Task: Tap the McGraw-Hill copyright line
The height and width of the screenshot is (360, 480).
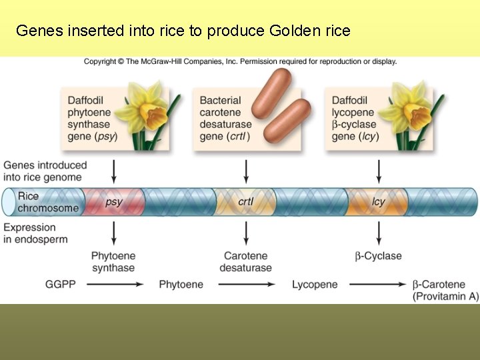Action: [240, 61]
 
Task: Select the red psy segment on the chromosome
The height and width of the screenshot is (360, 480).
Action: [113, 201]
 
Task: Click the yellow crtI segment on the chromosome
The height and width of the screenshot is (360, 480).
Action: [246, 201]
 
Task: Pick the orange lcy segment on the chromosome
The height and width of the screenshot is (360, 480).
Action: [378, 201]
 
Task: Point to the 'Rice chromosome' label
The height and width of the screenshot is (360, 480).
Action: [47, 201]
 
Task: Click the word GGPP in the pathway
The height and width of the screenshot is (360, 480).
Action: [60, 285]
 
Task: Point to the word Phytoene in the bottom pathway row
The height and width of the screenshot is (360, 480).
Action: [181, 285]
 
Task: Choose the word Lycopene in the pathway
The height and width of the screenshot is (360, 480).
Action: [315, 285]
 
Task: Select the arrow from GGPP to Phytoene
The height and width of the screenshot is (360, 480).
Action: [115, 285]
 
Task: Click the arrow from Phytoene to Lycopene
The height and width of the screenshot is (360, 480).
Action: [247, 285]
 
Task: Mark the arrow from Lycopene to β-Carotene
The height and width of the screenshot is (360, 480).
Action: [378, 285]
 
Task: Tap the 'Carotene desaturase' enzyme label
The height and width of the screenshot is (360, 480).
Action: [247, 262]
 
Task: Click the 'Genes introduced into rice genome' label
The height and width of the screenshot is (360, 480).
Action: [45, 171]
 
